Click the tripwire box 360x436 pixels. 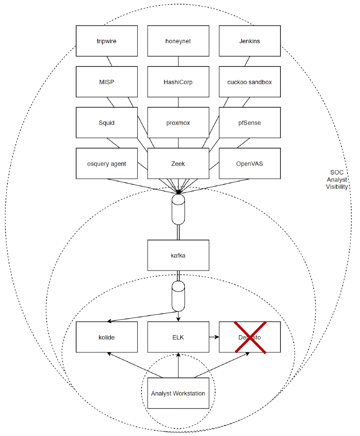106,41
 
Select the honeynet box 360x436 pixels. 178,41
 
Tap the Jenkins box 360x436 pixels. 250,41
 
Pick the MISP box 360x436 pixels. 106,82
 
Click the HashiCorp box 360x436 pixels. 178,82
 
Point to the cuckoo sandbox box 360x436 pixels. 250,82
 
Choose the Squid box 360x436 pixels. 106,122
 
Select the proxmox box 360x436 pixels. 178,122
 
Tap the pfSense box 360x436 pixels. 250,122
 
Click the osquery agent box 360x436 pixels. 106,163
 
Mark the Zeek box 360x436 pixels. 178,163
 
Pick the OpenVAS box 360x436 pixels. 250,163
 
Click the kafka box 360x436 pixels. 178,255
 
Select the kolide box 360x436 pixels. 106,337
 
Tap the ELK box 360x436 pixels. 178,337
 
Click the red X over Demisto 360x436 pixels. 250,337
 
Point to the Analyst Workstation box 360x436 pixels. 178,393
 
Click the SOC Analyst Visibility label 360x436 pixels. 337,180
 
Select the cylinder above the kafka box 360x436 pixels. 178,210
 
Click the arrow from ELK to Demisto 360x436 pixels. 214,337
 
